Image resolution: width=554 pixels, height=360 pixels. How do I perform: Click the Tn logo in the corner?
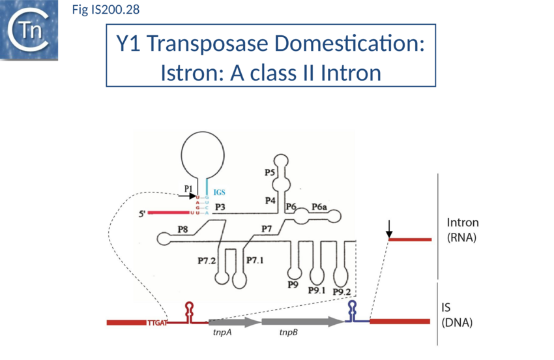pos(29,30)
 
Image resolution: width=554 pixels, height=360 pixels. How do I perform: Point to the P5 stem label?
pos(270,173)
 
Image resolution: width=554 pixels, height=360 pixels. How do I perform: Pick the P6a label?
pos(319,207)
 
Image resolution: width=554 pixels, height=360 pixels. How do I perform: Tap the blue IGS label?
pos(220,192)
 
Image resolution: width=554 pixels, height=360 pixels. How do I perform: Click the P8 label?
pos(183,230)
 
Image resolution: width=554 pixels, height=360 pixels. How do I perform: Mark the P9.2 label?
pos(342,292)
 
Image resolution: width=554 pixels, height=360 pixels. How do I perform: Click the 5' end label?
pos(143,213)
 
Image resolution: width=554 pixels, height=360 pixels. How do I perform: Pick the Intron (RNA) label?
pos(462,230)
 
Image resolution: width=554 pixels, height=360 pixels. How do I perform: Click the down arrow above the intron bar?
pos(389,228)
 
